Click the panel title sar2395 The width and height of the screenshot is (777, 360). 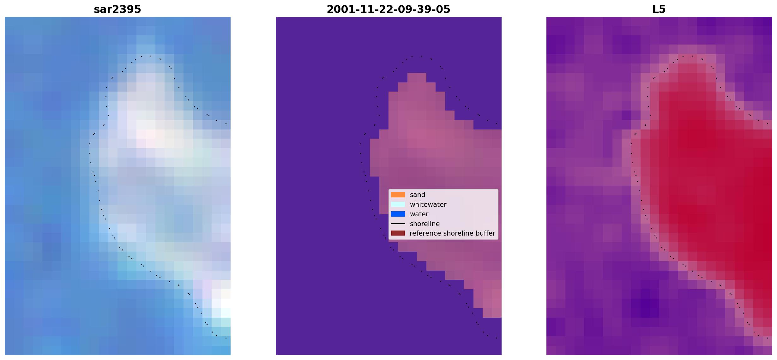(x=117, y=9)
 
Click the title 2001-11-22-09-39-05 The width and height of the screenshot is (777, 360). (x=388, y=9)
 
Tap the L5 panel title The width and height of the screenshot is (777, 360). (x=659, y=9)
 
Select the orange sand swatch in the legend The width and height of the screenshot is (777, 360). (x=398, y=195)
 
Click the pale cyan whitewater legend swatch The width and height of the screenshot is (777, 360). (x=398, y=204)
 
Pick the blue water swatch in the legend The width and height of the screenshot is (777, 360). (x=398, y=214)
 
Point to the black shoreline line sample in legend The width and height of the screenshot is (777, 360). (x=398, y=224)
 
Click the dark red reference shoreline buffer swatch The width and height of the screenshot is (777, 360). (x=398, y=233)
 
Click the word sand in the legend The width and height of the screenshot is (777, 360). (x=417, y=195)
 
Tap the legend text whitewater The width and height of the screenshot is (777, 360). (x=428, y=205)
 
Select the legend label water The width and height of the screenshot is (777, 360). (x=419, y=214)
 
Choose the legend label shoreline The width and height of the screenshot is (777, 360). (x=425, y=224)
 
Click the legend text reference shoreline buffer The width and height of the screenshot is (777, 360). (x=452, y=233)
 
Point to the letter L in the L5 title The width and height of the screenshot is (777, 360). (x=655, y=9)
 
